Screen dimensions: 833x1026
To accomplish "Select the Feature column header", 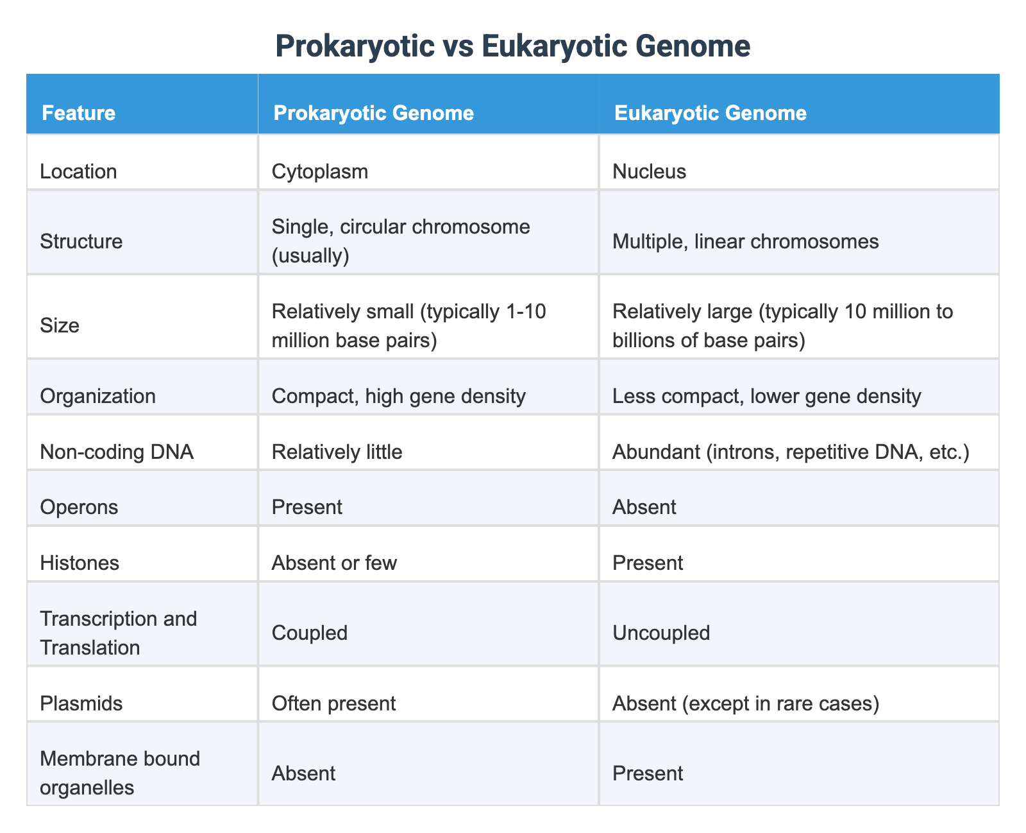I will [x=78, y=113].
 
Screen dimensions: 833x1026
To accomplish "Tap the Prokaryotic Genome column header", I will [x=373, y=113].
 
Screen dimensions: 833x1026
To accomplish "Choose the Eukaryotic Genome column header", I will [x=710, y=113].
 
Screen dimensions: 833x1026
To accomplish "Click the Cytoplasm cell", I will [x=319, y=171].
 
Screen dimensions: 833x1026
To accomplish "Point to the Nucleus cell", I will [x=649, y=171].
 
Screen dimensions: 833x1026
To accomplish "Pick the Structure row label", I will [x=81, y=241].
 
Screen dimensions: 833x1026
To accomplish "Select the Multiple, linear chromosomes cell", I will [x=745, y=241].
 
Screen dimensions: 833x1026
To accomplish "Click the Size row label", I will [x=60, y=325].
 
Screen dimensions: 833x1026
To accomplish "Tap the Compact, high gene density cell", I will [x=398, y=396].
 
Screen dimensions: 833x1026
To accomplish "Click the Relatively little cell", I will [x=337, y=452].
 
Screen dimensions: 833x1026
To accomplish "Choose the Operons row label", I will [x=79, y=507].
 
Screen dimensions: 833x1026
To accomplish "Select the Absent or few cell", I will [x=334, y=563].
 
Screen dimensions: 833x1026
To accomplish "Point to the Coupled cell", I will [x=309, y=633].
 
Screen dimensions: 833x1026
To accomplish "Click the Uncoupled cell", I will [x=661, y=633].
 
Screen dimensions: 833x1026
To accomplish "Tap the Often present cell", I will [x=333, y=703].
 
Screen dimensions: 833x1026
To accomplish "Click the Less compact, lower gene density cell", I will [x=766, y=396].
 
